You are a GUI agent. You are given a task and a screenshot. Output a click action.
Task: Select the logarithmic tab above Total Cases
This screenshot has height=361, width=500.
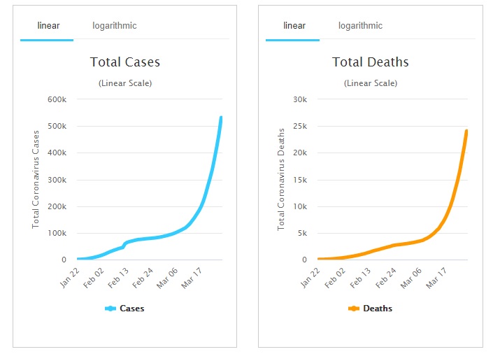(x=115, y=26)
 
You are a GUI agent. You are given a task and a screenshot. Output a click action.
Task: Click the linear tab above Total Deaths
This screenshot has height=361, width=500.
(x=294, y=26)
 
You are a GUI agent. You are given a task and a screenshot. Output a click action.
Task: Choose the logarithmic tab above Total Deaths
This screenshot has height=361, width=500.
(x=360, y=26)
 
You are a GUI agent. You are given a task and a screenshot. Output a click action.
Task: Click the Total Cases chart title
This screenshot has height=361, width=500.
(x=125, y=62)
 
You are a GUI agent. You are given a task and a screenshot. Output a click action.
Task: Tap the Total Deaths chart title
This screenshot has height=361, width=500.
(x=370, y=62)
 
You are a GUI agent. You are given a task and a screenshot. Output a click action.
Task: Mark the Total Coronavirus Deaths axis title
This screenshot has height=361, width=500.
(x=281, y=179)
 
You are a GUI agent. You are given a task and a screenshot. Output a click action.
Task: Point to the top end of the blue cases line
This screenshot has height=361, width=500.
(x=221, y=118)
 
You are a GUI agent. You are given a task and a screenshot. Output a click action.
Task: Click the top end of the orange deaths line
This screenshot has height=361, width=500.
(x=466, y=131)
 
